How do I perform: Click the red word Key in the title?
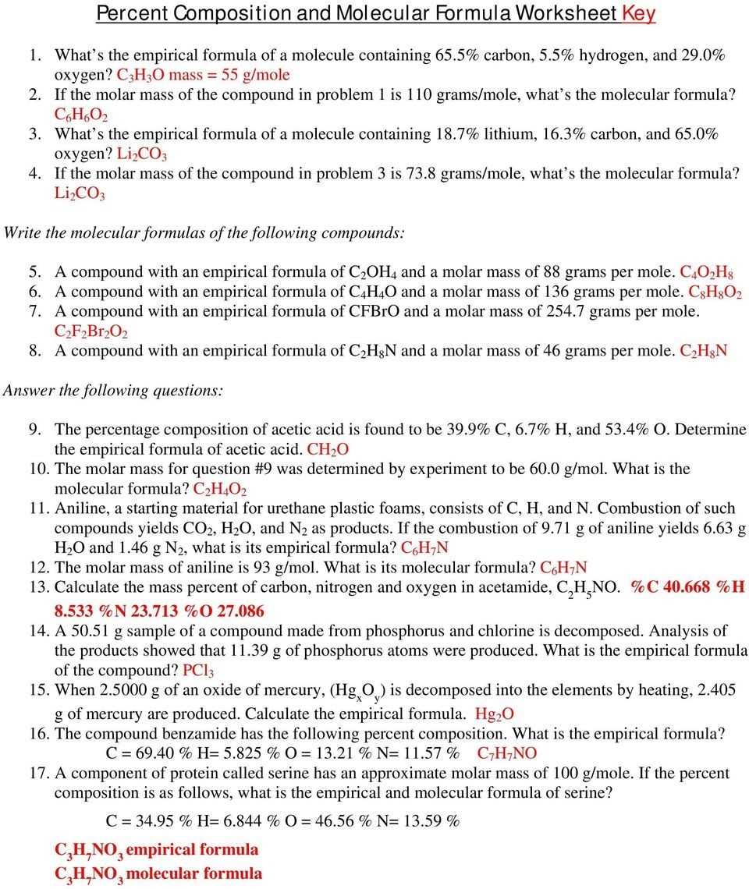tap(638, 13)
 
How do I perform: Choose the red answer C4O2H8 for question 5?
tap(706, 273)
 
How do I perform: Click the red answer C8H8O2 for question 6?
tap(715, 292)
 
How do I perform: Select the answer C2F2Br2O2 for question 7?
tap(91, 331)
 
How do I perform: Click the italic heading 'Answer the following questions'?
tap(113, 390)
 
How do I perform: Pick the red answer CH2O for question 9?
tap(328, 449)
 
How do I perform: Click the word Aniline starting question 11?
tap(78, 508)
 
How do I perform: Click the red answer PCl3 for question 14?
tap(198, 671)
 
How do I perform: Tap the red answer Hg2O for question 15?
tap(494, 714)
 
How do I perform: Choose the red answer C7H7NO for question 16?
tap(507, 753)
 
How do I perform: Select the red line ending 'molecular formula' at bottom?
tap(158, 874)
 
